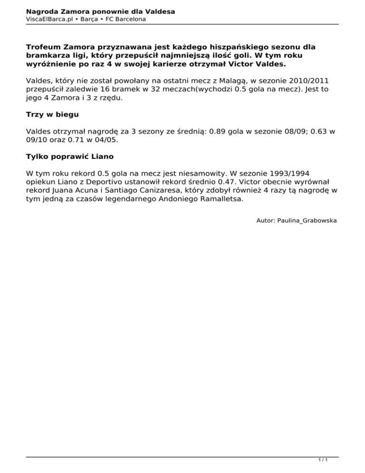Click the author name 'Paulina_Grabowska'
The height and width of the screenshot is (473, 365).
point(307,221)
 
